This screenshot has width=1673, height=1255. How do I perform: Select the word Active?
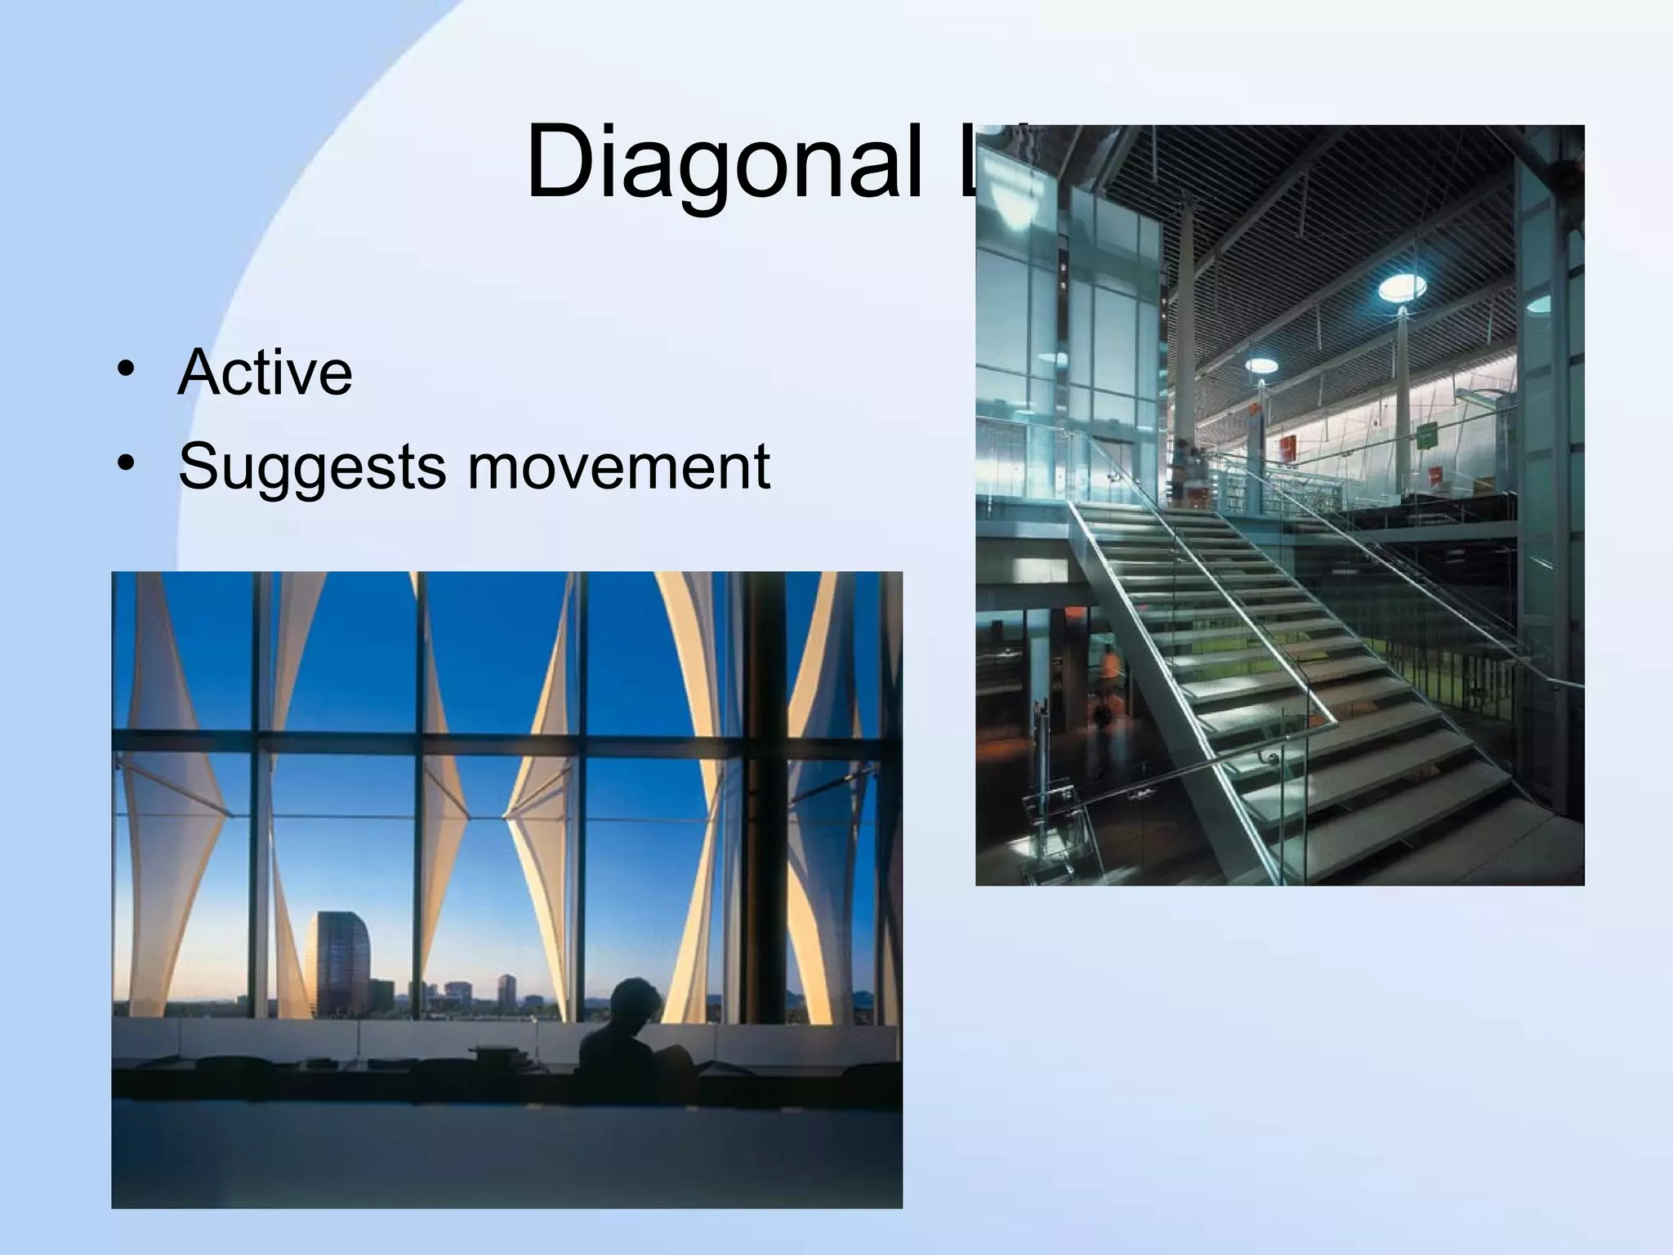point(265,373)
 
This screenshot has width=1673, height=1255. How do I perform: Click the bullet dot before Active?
point(125,368)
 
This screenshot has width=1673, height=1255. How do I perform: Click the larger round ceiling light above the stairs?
point(1403,287)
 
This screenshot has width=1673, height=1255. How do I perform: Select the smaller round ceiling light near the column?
point(1260,365)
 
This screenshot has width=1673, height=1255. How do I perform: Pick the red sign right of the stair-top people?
point(1288,449)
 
